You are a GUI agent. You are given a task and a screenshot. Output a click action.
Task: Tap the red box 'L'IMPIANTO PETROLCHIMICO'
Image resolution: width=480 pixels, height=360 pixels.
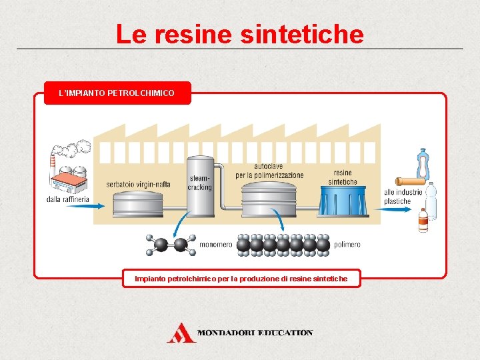tap(117, 93)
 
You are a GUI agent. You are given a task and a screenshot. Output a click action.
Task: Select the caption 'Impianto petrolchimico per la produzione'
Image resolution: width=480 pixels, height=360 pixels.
tap(241, 278)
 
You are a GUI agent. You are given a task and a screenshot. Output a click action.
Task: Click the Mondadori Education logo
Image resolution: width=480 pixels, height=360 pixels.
tap(239, 332)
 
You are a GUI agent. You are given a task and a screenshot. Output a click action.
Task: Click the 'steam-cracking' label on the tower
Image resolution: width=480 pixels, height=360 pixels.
tap(200, 183)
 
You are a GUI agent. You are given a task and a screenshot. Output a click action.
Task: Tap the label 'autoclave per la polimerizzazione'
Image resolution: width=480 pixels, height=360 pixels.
tap(269, 171)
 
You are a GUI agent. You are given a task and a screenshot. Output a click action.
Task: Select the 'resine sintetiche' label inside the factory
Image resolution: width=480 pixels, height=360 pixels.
tap(343, 177)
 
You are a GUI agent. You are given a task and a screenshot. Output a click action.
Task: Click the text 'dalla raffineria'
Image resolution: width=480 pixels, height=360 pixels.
tap(68, 199)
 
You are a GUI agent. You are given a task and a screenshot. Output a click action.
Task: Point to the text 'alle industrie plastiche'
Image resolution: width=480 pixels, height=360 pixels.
tap(403, 197)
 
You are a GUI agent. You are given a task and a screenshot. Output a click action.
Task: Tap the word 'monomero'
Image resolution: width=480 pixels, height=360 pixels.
tap(216, 245)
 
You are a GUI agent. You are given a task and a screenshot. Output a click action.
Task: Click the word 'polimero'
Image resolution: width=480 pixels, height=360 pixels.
tap(347, 245)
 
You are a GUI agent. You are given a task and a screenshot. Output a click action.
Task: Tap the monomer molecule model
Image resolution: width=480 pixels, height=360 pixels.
tap(171, 245)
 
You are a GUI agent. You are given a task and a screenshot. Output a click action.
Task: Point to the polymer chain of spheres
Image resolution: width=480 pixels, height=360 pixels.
tap(283, 245)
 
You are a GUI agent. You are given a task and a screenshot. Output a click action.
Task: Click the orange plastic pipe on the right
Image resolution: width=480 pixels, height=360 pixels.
tap(409, 181)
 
